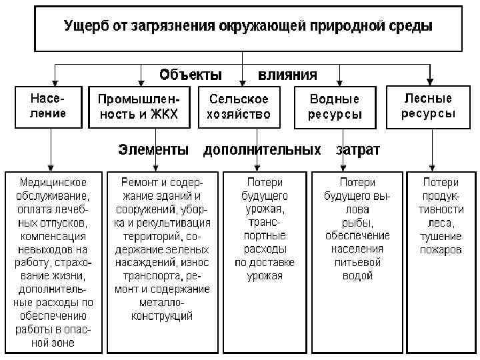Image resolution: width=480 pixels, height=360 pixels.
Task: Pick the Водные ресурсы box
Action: point(335,106)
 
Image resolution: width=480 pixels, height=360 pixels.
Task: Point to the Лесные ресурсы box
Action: point(429,106)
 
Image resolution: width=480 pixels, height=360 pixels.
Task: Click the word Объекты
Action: point(191,74)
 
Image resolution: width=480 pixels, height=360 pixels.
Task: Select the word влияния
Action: point(288,74)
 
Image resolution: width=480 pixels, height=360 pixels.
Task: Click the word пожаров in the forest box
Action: point(441,250)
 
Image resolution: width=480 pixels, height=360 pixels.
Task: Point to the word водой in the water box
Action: point(357,275)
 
